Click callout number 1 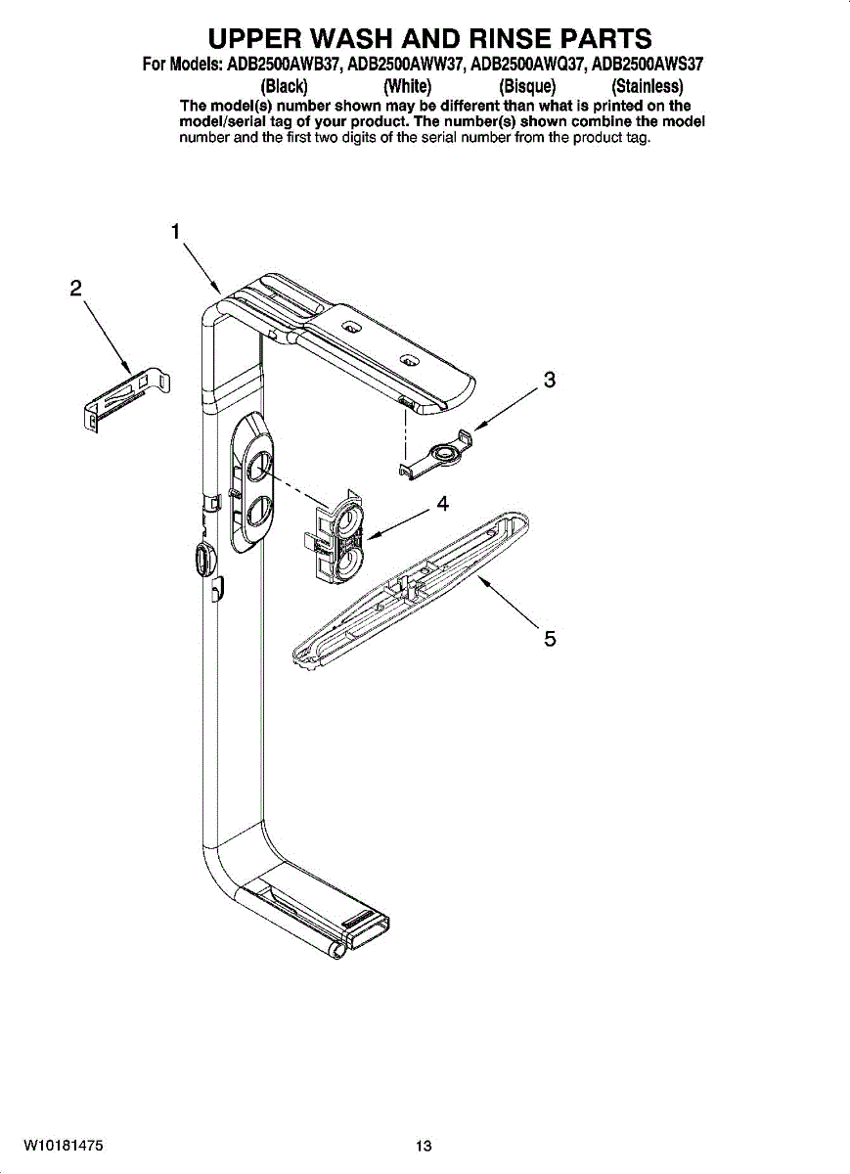[x=175, y=232]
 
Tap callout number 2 [x=76, y=289]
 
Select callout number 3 [x=549, y=380]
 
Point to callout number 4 [x=443, y=504]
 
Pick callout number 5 [x=550, y=639]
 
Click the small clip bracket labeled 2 [x=127, y=399]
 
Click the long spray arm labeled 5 [x=410, y=591]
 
